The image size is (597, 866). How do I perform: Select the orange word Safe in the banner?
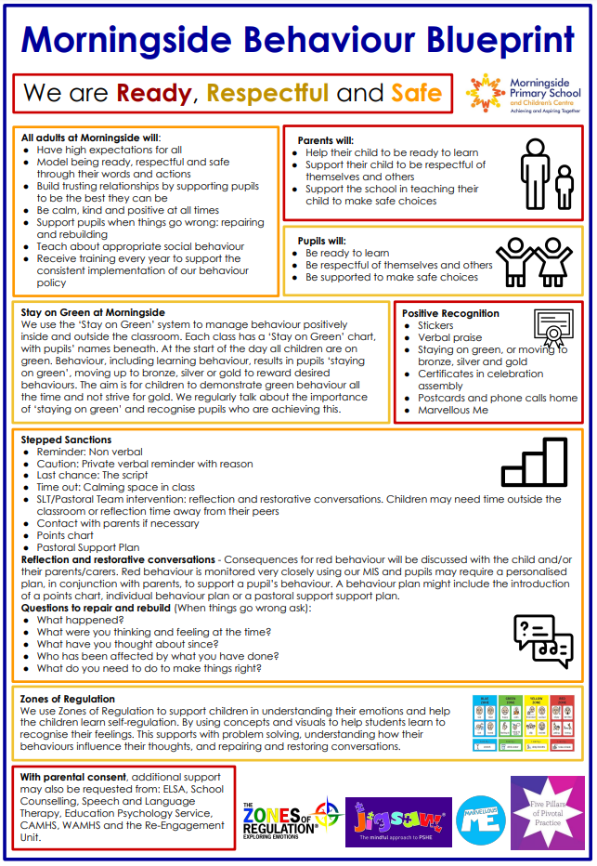[x=416, y=93]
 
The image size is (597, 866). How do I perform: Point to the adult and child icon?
[x=545, y=176]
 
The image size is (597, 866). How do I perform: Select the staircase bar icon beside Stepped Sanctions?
[x=534, y=462]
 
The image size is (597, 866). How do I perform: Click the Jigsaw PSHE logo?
[x=398, y=820]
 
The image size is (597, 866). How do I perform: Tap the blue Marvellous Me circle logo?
[x=481, y=819]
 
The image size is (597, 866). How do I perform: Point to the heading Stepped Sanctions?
[x=66, y=440]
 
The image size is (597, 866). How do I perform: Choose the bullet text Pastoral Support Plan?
[x=88, y=548]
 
